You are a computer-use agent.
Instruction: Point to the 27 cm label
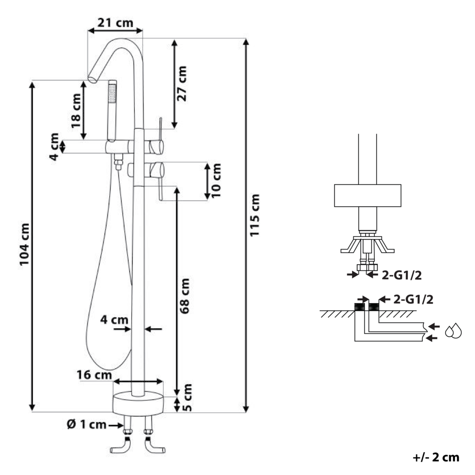[181, 83]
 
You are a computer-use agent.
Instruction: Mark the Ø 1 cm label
[86, 425]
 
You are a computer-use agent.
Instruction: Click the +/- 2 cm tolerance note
[436, 457]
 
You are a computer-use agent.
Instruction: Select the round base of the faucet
[138, 403]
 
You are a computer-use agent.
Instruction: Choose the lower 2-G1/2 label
[412, 299]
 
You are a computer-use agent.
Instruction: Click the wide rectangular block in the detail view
[368, 196]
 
